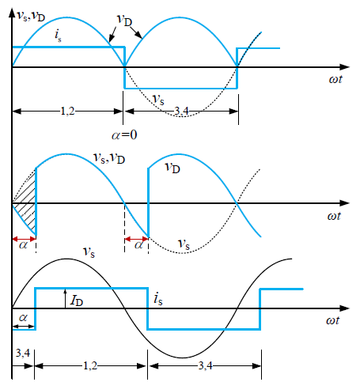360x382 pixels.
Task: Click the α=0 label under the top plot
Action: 124,135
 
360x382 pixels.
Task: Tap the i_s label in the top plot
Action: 58,36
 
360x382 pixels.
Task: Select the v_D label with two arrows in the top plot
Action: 124,21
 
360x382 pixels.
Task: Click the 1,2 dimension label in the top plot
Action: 67,112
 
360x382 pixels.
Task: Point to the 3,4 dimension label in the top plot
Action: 181,112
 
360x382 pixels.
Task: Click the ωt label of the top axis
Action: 335,79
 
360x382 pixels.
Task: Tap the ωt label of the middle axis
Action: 334,216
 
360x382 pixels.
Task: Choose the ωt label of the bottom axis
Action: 333,320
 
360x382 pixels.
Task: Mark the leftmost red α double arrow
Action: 24,239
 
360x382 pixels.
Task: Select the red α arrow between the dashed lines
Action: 136,239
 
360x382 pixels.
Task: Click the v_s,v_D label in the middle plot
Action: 109,158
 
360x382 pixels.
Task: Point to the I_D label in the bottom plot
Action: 77,301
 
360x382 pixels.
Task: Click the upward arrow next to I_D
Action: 65,298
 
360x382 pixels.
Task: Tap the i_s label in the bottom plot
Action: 158,299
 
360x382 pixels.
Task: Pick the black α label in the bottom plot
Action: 23,317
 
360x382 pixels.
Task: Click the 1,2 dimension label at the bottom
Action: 90,366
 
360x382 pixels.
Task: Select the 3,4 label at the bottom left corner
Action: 23,353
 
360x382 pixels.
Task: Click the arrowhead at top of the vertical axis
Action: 12,13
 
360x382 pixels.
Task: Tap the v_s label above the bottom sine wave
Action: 89,252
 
